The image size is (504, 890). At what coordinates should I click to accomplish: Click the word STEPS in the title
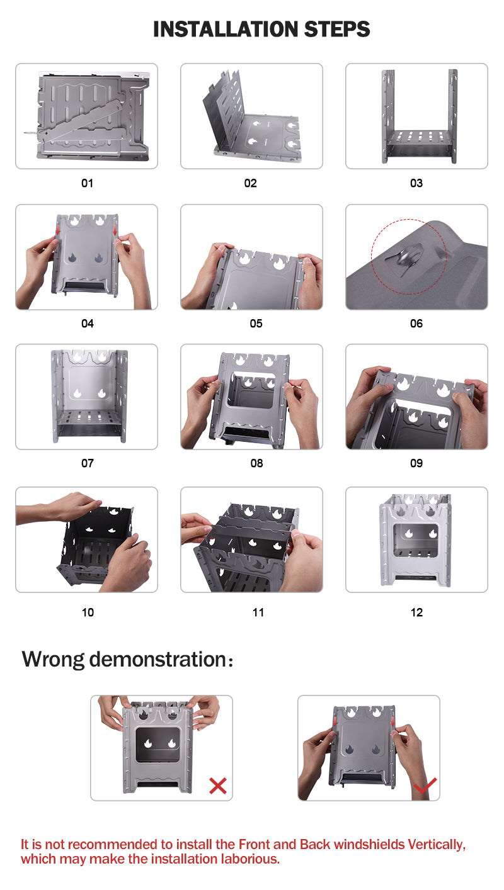coord(337,30)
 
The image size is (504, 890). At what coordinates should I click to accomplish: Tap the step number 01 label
coord(87,183)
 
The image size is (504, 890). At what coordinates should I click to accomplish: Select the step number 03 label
coord(416,183)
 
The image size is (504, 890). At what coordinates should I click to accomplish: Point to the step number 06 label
coord(416,324)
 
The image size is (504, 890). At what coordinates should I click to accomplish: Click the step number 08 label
coord(256,463)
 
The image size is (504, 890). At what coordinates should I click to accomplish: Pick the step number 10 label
coord(88,612)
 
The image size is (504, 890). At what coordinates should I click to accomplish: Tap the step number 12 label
coord(417,612)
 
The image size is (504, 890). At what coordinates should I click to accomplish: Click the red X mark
coord(218,786)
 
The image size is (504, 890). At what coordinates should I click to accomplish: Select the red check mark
coord(425,785)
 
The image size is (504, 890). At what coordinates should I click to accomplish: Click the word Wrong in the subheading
coord(53,660)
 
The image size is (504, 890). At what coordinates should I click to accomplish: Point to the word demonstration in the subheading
coord(158,659)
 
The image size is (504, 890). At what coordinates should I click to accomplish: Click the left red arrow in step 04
coord(58,230)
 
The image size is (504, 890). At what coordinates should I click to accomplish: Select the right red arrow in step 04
coord(115,230)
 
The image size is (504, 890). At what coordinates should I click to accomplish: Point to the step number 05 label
coord(256,324)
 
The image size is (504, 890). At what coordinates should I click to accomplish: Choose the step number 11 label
coord(258,612)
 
